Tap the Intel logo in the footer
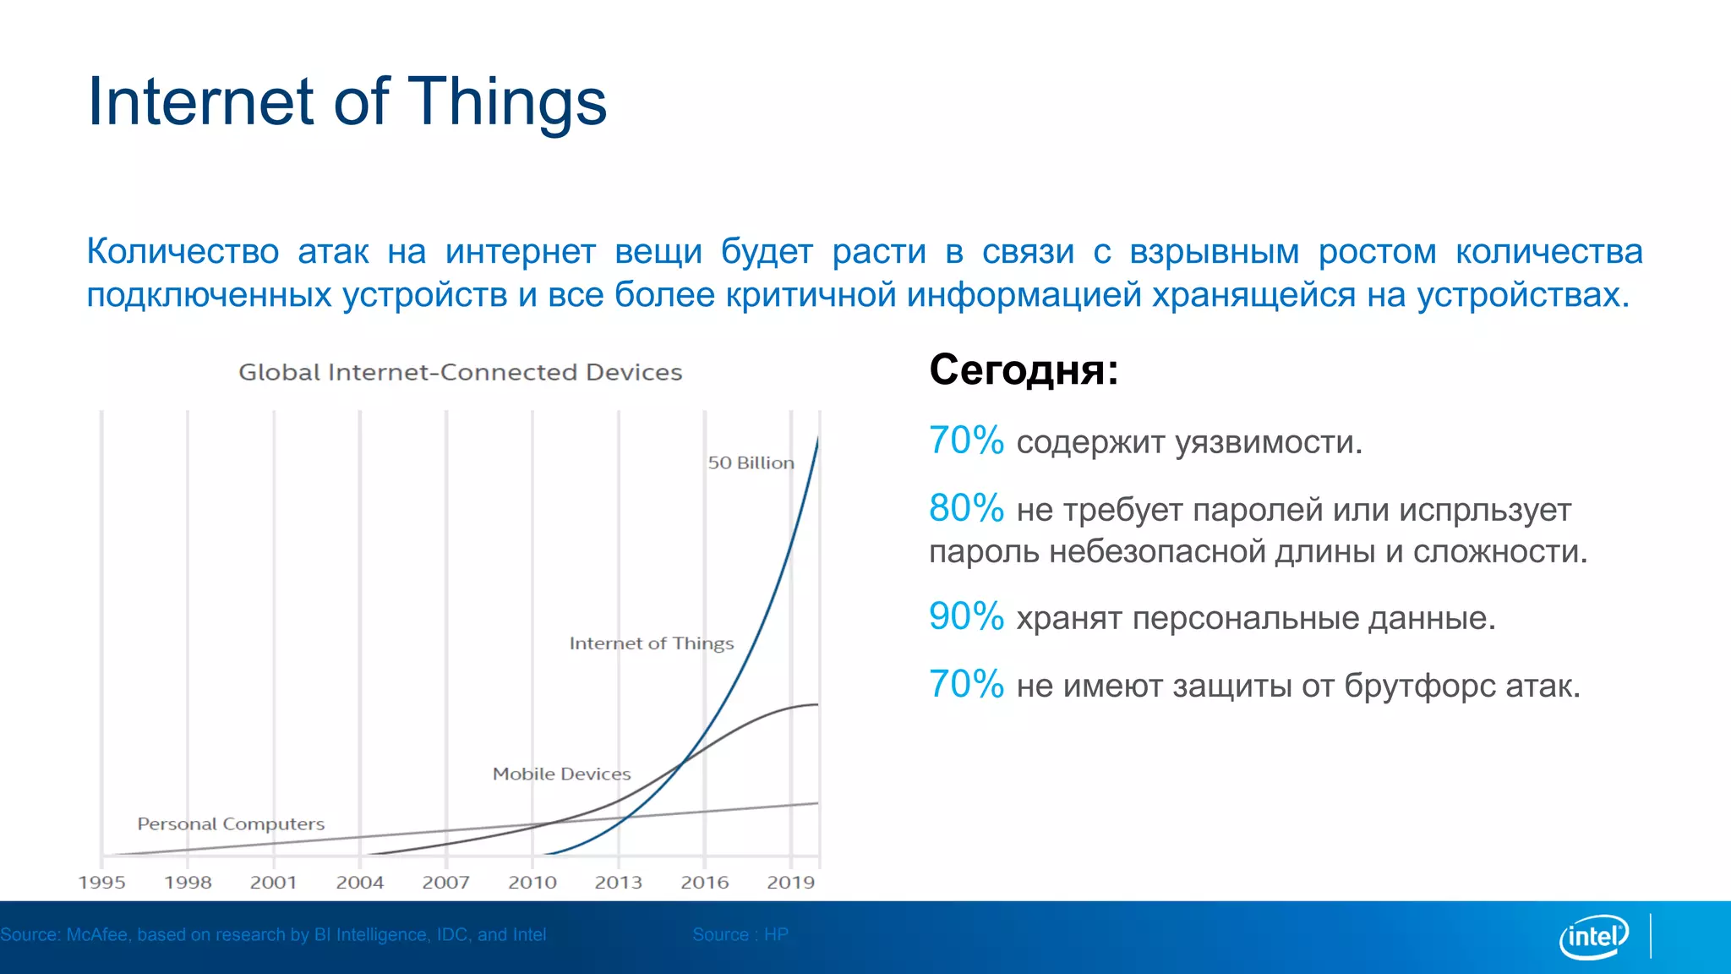click(x=1594, y=937)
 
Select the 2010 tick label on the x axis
click(x=532, y=883)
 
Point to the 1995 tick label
click(x=101, y=883)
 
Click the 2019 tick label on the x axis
click(x=791, y=883)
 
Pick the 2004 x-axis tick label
click(x=360, y=883)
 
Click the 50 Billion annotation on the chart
click(x=751, y=463)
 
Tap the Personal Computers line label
click(x=231, y=824)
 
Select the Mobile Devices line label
click(x=561, y=774)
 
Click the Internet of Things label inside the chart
click(x=651, y=643)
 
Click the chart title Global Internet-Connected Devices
click(x=460, y=372)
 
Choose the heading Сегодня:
click(x=1024, y=370)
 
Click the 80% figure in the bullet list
click(x=966, y=509)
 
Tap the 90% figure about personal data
click(x=966, y=617)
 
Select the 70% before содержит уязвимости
click(x=966, y=441)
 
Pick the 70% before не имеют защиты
click(x=966, y=685)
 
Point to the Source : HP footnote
click(x=740, y=934)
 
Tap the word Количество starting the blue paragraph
click(x=183, y=252)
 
